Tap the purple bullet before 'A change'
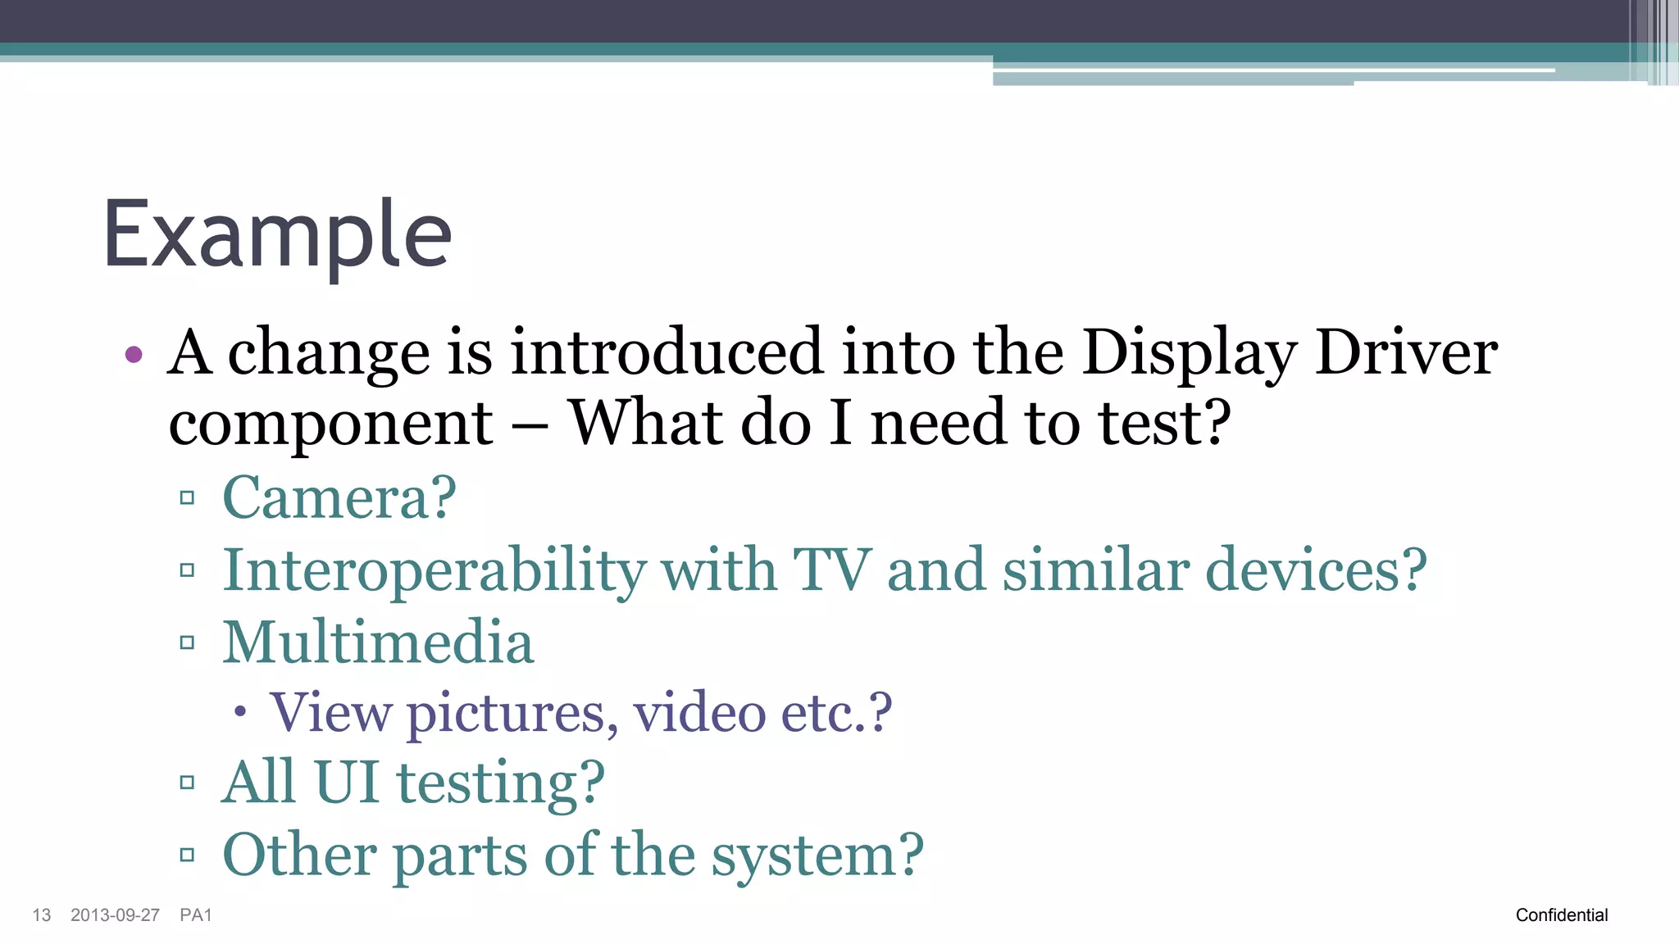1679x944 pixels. (x=134, y=355)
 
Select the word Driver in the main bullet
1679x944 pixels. (x=1406, y=352)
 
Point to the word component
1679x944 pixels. (x=330, y=424)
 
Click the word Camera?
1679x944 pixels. (x=339, y=497)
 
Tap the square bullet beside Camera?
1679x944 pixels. (x=187, y=497)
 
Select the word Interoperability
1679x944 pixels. (x=435, y=570)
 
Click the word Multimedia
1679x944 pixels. (x=378, y=642)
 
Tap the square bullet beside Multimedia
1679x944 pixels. (x=187, y=642)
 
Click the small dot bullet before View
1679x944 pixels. (x=239, y=712)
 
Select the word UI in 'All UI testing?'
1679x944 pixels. (x=346, y=782)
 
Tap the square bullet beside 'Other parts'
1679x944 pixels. (x=187, y=855)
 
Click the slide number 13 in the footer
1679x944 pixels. (x=42, y=915)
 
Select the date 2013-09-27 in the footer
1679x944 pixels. (x=115, y=915)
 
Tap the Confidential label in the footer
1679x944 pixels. (x=1562, y=915)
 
